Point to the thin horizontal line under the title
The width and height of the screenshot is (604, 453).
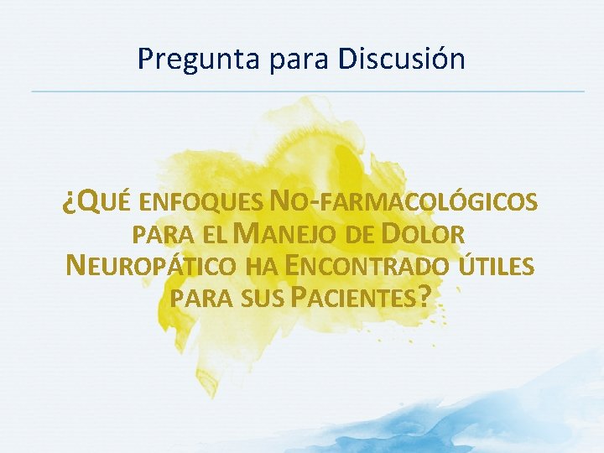pos(307,91)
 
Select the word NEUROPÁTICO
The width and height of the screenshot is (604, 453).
pos(151,266)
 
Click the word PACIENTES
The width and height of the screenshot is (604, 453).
pos(356,299)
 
